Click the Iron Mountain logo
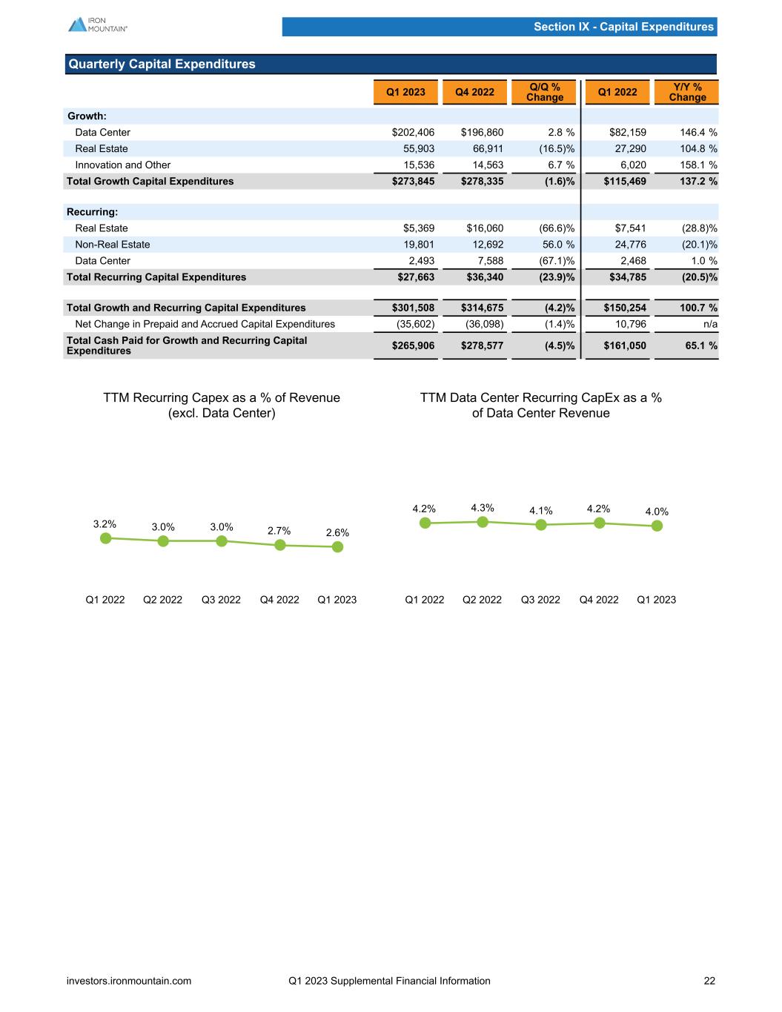click(x=97, y=24)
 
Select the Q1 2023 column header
click(x=405, y=92)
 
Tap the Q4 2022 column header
click(x=474, y=92)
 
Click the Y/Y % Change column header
click(x=686, y=92)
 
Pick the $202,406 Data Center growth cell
click(x=413, y=133)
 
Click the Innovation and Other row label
click(x=122, y=165)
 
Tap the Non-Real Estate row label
click(x=112, y=245)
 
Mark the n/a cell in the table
click(x=709, y=324)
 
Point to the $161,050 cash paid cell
click(x=625, y=345)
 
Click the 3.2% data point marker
click(x=105, y=538)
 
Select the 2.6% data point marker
click(x=337, y=547)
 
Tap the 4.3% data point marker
click(x=483, y=522)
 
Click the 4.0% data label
click(x=657, y=512)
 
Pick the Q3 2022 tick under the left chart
click(x=221, y=600)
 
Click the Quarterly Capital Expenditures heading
click(x=162, y=65)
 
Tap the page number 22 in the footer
click(x=709, y=981)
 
